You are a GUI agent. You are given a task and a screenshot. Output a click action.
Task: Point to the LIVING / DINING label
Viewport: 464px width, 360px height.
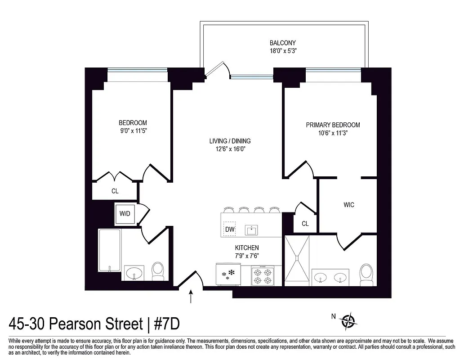pos(230,141)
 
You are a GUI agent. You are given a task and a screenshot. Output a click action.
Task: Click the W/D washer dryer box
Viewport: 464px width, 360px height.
pos(125,213)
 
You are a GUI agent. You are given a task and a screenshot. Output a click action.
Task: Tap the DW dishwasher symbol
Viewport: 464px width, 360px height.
pos(230,229)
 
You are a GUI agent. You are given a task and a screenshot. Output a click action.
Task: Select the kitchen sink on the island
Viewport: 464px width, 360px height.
pos(252,230)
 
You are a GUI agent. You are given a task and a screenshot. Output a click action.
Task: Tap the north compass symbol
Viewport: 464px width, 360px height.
pos(348,321)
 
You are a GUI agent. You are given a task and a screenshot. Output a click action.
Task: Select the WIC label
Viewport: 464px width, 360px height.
pos(349,205)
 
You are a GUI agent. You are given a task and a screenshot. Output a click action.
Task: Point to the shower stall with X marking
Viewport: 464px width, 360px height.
pos(297,261)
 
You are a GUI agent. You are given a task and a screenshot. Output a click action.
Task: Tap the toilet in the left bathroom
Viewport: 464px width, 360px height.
pos(157,271)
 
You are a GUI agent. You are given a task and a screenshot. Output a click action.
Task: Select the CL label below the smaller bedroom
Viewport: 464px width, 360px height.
pos(115,191)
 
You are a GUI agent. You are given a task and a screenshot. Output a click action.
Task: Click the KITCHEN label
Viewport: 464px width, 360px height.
pos(247,248)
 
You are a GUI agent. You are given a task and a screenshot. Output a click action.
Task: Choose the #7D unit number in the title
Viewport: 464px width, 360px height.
pos(169,324)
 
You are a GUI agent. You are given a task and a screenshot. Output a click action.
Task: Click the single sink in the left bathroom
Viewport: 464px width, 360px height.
pos(133,273)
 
